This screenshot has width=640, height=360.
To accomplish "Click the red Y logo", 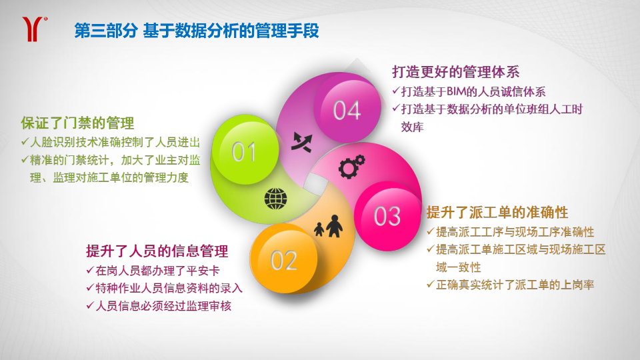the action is pyautogui.click(x=33, y=29).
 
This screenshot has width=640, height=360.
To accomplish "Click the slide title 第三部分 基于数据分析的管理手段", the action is pyautogui.click(x=196, y=31).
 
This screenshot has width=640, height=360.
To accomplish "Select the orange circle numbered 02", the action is pyautogui.click(x=284, y=259).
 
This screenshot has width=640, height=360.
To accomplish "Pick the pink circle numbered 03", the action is pyautogui.click(x=387, y=216).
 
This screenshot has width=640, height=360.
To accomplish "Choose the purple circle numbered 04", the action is pyautogui.click(x=347, y=109).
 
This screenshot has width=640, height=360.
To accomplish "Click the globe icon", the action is pyautogui.click(x=275, y=199).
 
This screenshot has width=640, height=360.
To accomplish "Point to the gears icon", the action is pyautogui.click(x=351, y=166).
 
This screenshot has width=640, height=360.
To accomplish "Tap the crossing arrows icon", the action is pyautogui.click(x=301, y=141).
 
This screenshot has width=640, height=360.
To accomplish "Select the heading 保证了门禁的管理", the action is pyautogui.click(x=77, y=123).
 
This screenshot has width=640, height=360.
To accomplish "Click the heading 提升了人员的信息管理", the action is pyautogui.click(x=157, y=251).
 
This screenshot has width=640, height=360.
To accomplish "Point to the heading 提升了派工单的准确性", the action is pyautogui.click(x=497, y=212).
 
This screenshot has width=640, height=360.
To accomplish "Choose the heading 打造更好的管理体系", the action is pyautogui.click(x=455, y=72).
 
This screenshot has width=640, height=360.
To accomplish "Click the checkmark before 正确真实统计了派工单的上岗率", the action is pyautogui.click(x=430, y=284).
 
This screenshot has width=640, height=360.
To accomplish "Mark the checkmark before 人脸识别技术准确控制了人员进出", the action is pyautogui.click(x=25, y=141).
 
